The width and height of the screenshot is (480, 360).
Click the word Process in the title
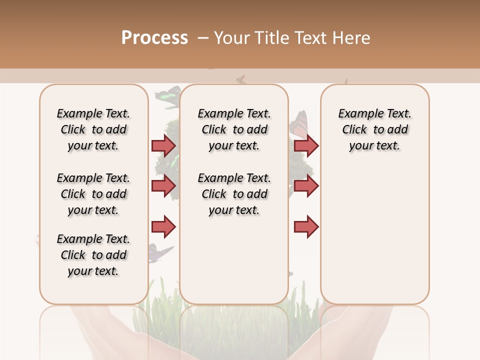pos(154,38)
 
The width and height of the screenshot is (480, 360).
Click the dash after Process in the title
pos(202,38)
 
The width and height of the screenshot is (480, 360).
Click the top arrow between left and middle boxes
pos(163,145)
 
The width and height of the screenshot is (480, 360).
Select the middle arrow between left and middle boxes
pos(163,186)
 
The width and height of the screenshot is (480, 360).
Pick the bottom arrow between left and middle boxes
pos(163,227)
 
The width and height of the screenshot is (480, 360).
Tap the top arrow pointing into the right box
pos(306,145)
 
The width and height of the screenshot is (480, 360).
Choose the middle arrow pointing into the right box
pos(306,186)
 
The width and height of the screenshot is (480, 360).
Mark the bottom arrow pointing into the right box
pos(306,227)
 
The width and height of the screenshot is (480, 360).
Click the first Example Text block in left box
pos(93,129)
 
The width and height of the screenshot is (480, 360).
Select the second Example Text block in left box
pos(93,194)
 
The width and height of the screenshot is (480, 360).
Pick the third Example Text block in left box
pos(93,255)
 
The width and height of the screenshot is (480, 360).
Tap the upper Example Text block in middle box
pos(234,129)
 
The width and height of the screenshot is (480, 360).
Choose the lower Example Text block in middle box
pos(234,194)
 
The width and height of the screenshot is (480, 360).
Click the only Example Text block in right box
pos(374,129)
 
